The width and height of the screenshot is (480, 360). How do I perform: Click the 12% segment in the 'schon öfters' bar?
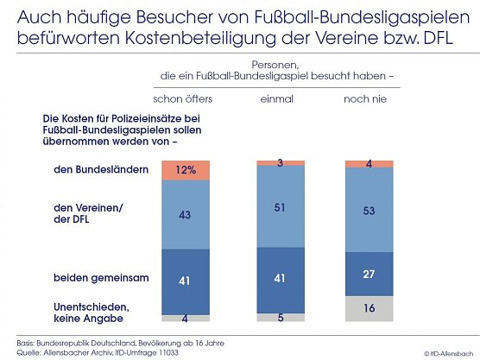186,170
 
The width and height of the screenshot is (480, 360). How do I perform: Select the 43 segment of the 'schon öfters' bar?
186,214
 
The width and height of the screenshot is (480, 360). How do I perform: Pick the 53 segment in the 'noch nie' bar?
369,209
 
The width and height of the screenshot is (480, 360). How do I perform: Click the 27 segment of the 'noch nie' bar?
369,274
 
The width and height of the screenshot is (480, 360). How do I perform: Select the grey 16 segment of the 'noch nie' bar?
369,308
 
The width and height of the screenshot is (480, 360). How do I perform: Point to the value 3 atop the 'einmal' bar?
281,161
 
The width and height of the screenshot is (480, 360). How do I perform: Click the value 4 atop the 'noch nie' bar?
369,163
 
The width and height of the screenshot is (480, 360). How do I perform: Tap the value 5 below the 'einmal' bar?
281,317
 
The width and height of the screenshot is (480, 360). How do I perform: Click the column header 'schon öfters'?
183,99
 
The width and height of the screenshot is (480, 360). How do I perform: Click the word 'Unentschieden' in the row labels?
84,306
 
